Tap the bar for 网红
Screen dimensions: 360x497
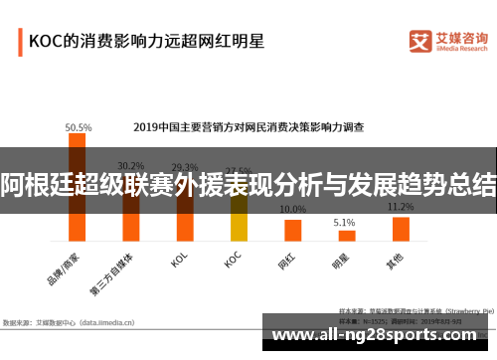click(292, 230)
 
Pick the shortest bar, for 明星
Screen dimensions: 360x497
click(347, 235)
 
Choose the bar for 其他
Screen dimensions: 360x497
click(401, 229)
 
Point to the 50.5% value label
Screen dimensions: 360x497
click(78, 127)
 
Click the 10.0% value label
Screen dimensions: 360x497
click(292, 210)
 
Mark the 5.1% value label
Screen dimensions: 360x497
click(344, 222)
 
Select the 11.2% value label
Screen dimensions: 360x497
click(401, 207)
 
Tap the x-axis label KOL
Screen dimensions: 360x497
click(179, 262)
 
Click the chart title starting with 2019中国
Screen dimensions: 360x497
click(248, 127)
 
